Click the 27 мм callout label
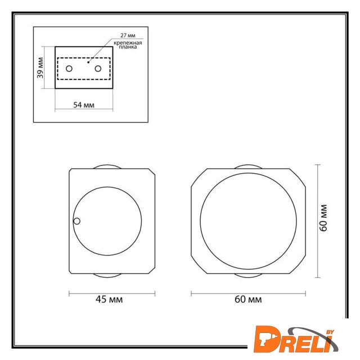tap(128, 35)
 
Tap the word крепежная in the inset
tap(128, 43)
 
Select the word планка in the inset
tap(128, 47)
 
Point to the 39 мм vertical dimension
tap(40, 67)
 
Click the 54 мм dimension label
tap(84, 105)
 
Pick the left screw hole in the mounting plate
tap(69, 69)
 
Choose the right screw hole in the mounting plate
tap(98, 69)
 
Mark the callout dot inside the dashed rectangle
tap(88, 62)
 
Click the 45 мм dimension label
tap(109, 299)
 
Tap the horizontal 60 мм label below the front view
tap(248, 299)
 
